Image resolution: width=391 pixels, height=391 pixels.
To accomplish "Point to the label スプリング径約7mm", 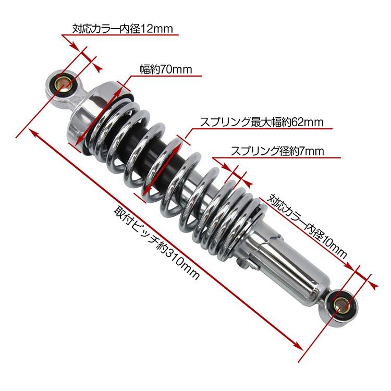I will pos(277,151).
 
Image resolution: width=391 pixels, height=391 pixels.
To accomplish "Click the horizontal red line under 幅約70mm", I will pos(167,76).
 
